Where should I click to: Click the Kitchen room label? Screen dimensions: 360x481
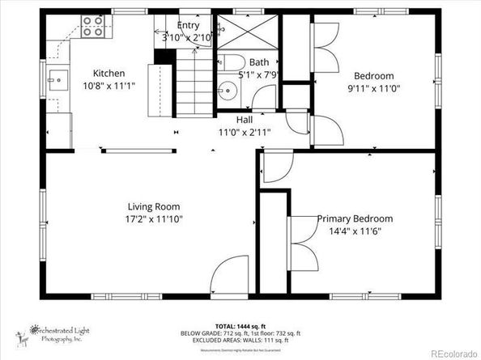(109, 71)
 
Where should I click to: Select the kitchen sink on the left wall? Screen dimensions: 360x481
(57, 79)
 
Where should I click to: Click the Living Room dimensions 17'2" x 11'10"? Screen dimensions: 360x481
(154, 218)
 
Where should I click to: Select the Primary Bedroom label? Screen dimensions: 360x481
(355, 218)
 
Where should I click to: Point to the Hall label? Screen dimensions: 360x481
(244, 119)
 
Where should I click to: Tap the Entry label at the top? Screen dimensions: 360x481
(188, 26)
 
